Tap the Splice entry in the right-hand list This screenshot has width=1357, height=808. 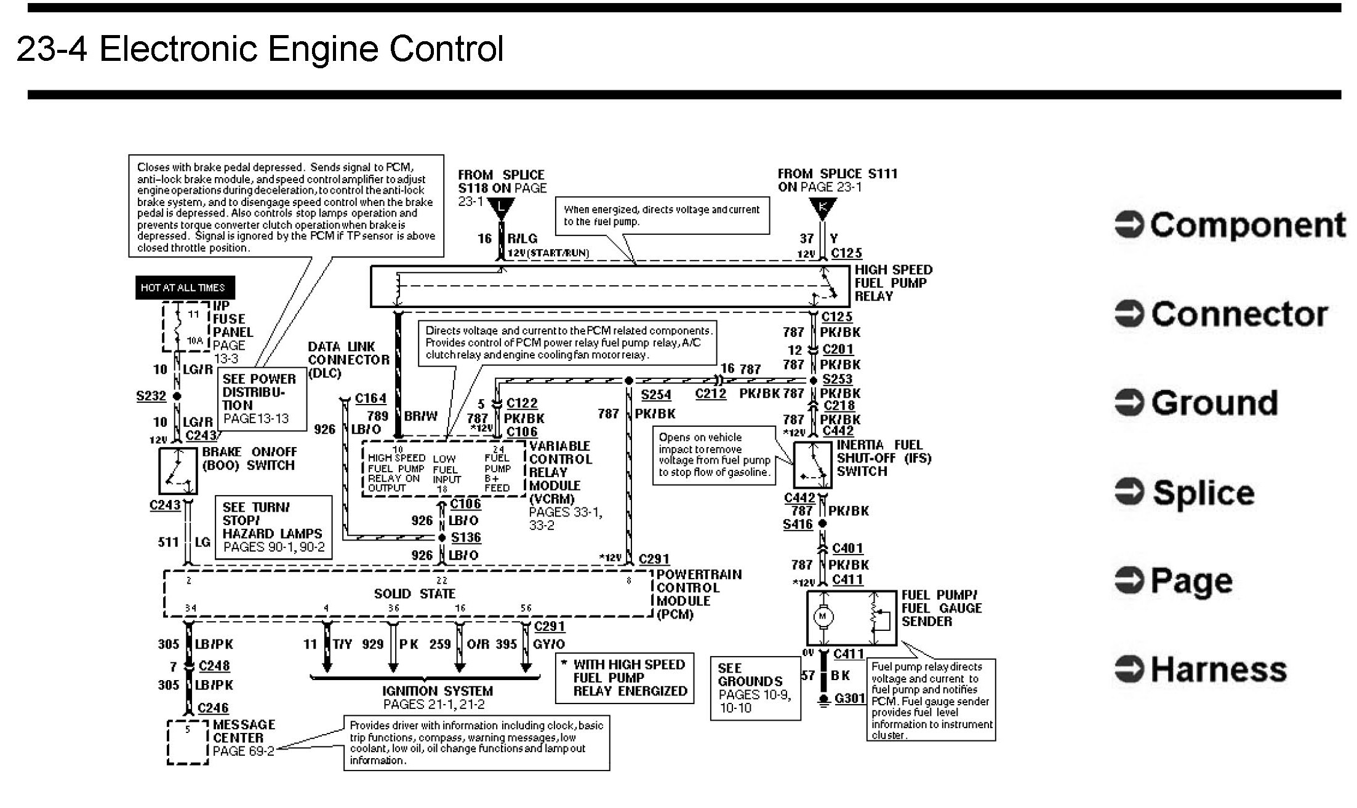tap(1203, 493)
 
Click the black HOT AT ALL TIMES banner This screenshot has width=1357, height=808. tap(185, 287)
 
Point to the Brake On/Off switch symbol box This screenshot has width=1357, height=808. tap(178, 471)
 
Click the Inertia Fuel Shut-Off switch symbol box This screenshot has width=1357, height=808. tap(812, 464)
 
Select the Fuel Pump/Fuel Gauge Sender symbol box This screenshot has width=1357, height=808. tap(851, 617)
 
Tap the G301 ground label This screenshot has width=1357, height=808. tap(849, 699)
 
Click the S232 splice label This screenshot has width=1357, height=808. tap(151, 396)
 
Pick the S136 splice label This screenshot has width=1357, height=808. tap(466, 537)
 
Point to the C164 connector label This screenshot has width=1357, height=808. tap(370, 398)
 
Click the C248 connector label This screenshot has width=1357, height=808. tap(214, 666)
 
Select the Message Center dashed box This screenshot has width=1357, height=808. tap(188, 742)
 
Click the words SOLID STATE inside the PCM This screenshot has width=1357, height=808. tap(414, 594)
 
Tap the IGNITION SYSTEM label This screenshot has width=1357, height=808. tap(437, 691)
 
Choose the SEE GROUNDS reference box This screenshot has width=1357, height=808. tap(755, 687)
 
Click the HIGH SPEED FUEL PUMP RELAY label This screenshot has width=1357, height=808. tap(893, 283)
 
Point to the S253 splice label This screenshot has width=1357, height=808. tap(837, 379)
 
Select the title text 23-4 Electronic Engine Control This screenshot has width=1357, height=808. tap(260, 49)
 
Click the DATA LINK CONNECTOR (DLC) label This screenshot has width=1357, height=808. tap(348, 360)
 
